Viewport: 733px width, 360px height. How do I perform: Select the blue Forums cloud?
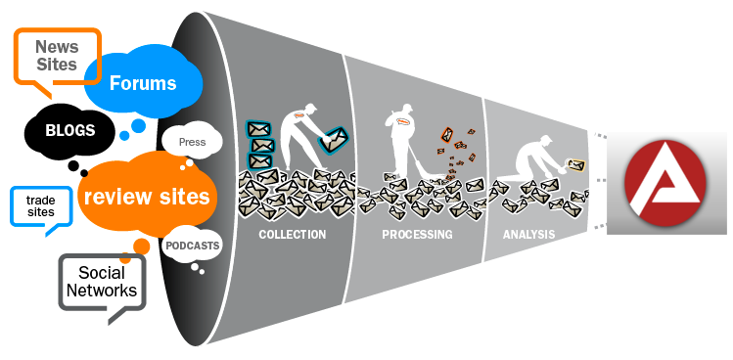pyautogui.click(x=143, y=82)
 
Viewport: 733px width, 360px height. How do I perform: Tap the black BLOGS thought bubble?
pyautogui.click(x=69, y=130)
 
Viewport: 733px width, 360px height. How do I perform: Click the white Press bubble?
pyautogui.click(x=192, y=141)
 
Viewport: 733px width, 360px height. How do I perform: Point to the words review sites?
pyautogui.click(x=147, y=197)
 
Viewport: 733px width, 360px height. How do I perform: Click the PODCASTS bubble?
pyautogui.click(x=192, y=245)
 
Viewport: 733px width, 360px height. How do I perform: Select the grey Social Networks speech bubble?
pyautogui.click(x=102, y=282)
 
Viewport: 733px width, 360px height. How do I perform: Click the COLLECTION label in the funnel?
pyautogui.click(x=293, y=234)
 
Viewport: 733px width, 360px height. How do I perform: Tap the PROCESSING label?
pyautogui.click(x=417, y=234)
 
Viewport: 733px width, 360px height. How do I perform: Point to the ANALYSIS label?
pyautogui.click(x=528, y=234)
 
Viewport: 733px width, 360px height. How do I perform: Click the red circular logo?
pyautogui.click(x=664, y=183)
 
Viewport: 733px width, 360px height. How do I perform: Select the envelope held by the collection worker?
pyautogui.click(x=334, y=139)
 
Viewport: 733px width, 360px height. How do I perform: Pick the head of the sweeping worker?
pyautogui.click(x=407, y=108)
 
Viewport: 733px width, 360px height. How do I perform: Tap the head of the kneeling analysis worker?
pyautogui.click(x=545, y=140)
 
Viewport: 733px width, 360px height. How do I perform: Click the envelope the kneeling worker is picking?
pyautogui.click(x=575, y=165)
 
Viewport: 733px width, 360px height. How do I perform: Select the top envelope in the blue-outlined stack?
pyautogui.click(x=258, y=129)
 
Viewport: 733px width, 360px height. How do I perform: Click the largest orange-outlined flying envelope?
pyautogui.click(x=447, y=135)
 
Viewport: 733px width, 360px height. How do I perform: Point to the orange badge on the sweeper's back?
pyautogui.click(x=403, y=122)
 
